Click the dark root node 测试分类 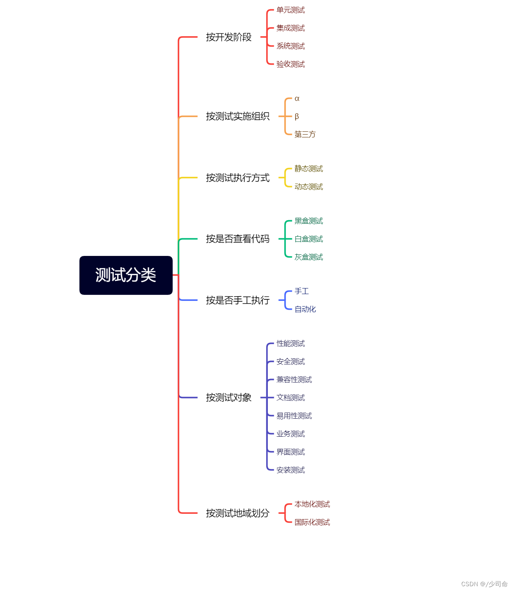click(126, 275)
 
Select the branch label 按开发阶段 click(228, 37)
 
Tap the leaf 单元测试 click(290, 10)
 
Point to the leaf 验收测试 click(290, 64)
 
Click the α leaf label click(297, 98)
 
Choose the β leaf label click(297, 117)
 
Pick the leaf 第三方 click(305, 134)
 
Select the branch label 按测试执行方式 click(238, 178)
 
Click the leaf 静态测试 click(308, 169)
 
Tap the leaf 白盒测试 click(308, 239)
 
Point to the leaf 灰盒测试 click(308, 257)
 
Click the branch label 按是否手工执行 click(238, 300)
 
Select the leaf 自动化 click(305, 309)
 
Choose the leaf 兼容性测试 click(294, 380)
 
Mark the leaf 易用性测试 click(294, 416)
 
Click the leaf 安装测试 click(290, 470)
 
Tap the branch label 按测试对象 click(228, 397)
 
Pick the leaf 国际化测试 click(312, 522)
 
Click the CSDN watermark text click(484, 584)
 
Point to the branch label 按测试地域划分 click(238, 513)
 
